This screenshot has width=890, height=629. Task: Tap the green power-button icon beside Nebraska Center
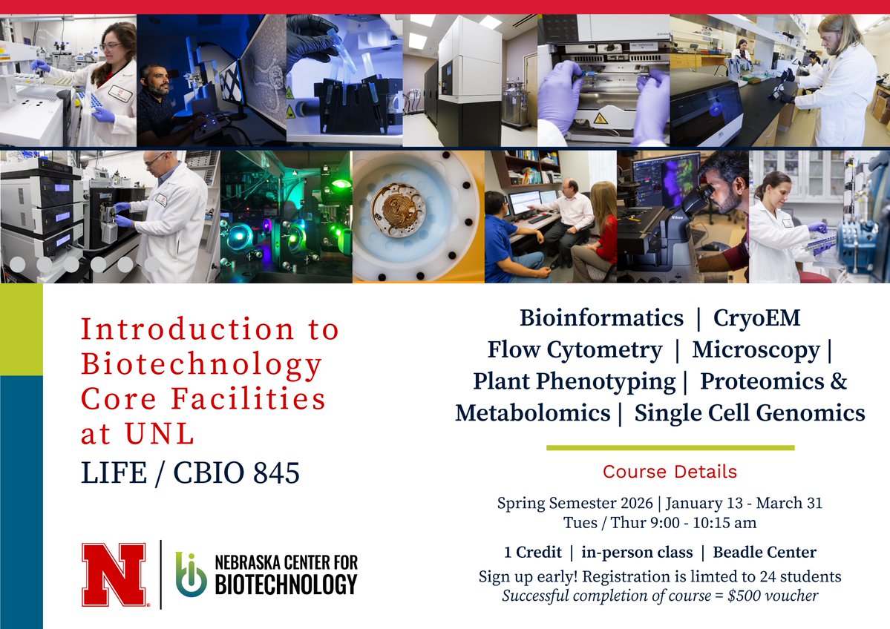click(x=191, y=574)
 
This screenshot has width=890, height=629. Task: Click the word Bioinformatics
click(x=601, y=318)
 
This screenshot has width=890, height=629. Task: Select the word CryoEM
click(x=757, y=318)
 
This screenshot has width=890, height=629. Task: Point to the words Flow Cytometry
click(x=575, y=349)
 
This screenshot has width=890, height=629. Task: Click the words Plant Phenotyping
click(x=574, y=381)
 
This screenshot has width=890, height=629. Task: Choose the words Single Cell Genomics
click(x=750, y=413)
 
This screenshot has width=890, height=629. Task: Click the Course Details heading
click(x=670, y=472)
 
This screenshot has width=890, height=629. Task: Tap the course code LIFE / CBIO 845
click(x=190, y=473)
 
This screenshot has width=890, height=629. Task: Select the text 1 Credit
click(x=533, y=553)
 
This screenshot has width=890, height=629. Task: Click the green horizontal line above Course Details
click(x=670, y=447)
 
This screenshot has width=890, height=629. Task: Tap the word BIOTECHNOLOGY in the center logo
click(x=286, y=585)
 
